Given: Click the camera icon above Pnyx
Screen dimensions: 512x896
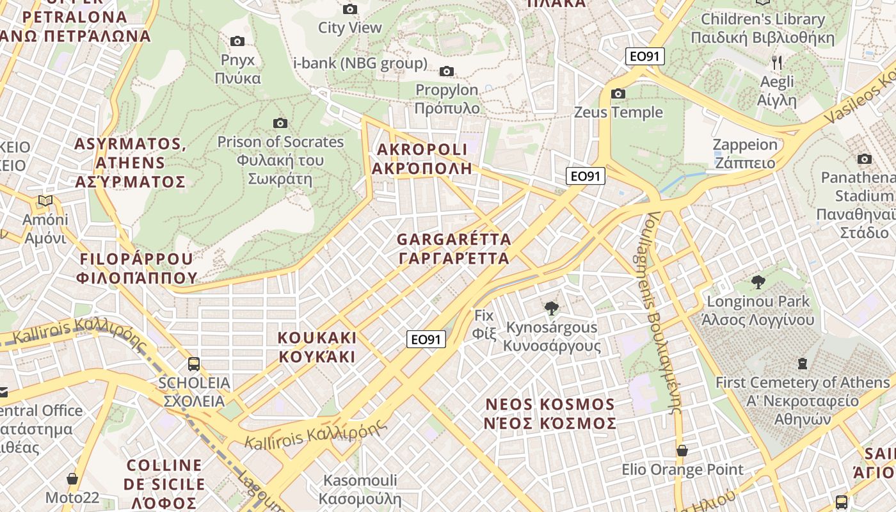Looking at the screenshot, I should coord(237,42).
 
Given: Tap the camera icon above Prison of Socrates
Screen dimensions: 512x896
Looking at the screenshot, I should coord(280,123).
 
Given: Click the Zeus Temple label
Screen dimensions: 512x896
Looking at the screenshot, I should coord(618,112).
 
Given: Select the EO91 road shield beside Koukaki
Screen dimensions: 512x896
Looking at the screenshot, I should coord(426,339).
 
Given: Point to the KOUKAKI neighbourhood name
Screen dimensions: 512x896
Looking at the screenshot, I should coord(317,347).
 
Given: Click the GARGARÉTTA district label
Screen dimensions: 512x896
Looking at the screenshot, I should coord(454,249).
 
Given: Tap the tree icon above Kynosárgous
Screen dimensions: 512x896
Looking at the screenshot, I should coord(551,308).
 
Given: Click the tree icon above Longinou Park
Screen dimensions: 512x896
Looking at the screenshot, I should coord(758,282).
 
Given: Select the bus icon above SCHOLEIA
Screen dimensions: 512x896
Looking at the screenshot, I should coord(194,364).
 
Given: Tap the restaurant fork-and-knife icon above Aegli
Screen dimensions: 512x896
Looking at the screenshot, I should coord(777,63).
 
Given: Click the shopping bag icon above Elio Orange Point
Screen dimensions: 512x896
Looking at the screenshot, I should coord(682,451).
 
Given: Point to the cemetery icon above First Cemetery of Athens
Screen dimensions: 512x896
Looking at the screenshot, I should coord(803,364).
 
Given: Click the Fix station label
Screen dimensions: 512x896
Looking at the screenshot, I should coord(484,324).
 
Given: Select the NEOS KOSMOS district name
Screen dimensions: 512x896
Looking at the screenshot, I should coord(550,413).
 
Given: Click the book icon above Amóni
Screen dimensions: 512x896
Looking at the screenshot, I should coord(45,201).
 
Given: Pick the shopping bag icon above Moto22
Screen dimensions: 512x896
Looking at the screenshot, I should coord(72,479).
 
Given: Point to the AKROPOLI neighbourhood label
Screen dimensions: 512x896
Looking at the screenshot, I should coord(422,159).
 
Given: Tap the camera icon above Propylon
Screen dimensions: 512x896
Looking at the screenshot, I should coord(447,71).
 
